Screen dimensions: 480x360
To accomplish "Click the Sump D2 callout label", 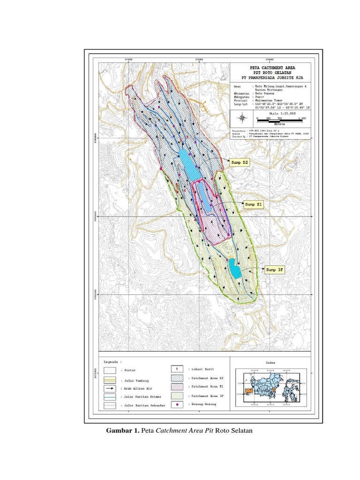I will point(239,163).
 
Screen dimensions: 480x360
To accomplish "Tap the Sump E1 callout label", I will point(254,204).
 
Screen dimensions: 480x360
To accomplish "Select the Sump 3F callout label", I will point(275,270).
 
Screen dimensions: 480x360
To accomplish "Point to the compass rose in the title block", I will point(242,117).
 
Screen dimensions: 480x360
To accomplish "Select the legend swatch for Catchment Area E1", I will point(176,387).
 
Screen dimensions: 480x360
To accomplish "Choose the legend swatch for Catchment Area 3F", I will point(176,396).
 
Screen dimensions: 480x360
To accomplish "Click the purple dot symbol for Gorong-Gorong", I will point(176,404).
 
